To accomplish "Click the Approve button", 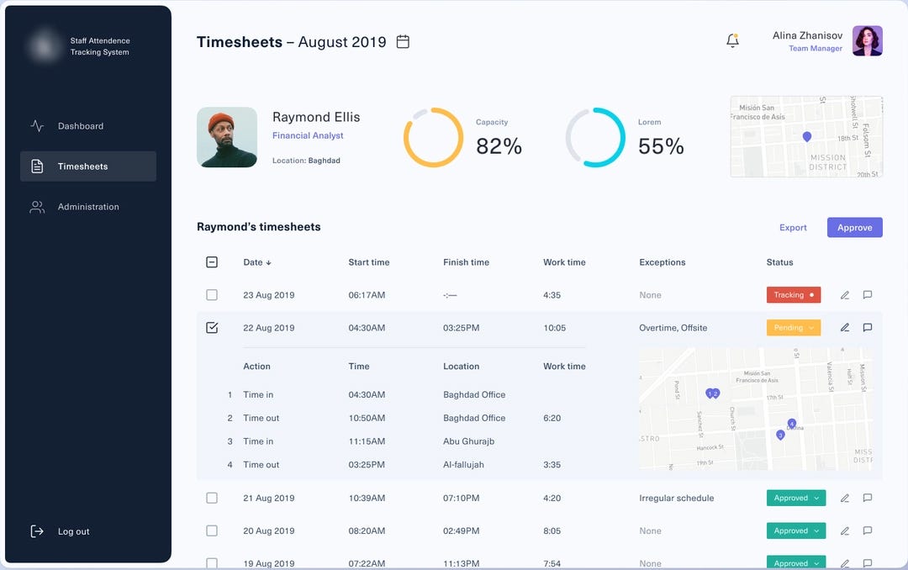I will tap(854, 228).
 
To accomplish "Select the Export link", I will tap(793, 228).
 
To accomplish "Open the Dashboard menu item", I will tap(80, 126).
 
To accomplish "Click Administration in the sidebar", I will tap(87, 207).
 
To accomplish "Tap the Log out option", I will tap(73, 531).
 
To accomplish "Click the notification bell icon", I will tap(732, 40).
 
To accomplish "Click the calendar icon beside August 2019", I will tap(403, 41).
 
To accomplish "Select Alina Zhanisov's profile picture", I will tap(867, 41).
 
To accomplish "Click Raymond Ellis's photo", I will tap(227, 137).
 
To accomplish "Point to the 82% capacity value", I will tap(499, 146).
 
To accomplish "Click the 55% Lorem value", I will tap(661, 146).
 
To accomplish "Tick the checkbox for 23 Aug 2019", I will tap(212, 295).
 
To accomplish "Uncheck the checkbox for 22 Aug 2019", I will tap(212, 328).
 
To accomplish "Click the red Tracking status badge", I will tap(793, 295).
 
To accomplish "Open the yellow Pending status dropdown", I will tap(793, 328).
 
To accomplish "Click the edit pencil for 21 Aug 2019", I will tap(845, 499).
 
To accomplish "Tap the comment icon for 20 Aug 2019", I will tap(868, 531).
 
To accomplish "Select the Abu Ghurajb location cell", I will tap(468, 441).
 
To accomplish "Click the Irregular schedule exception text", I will tap(676, 499).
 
